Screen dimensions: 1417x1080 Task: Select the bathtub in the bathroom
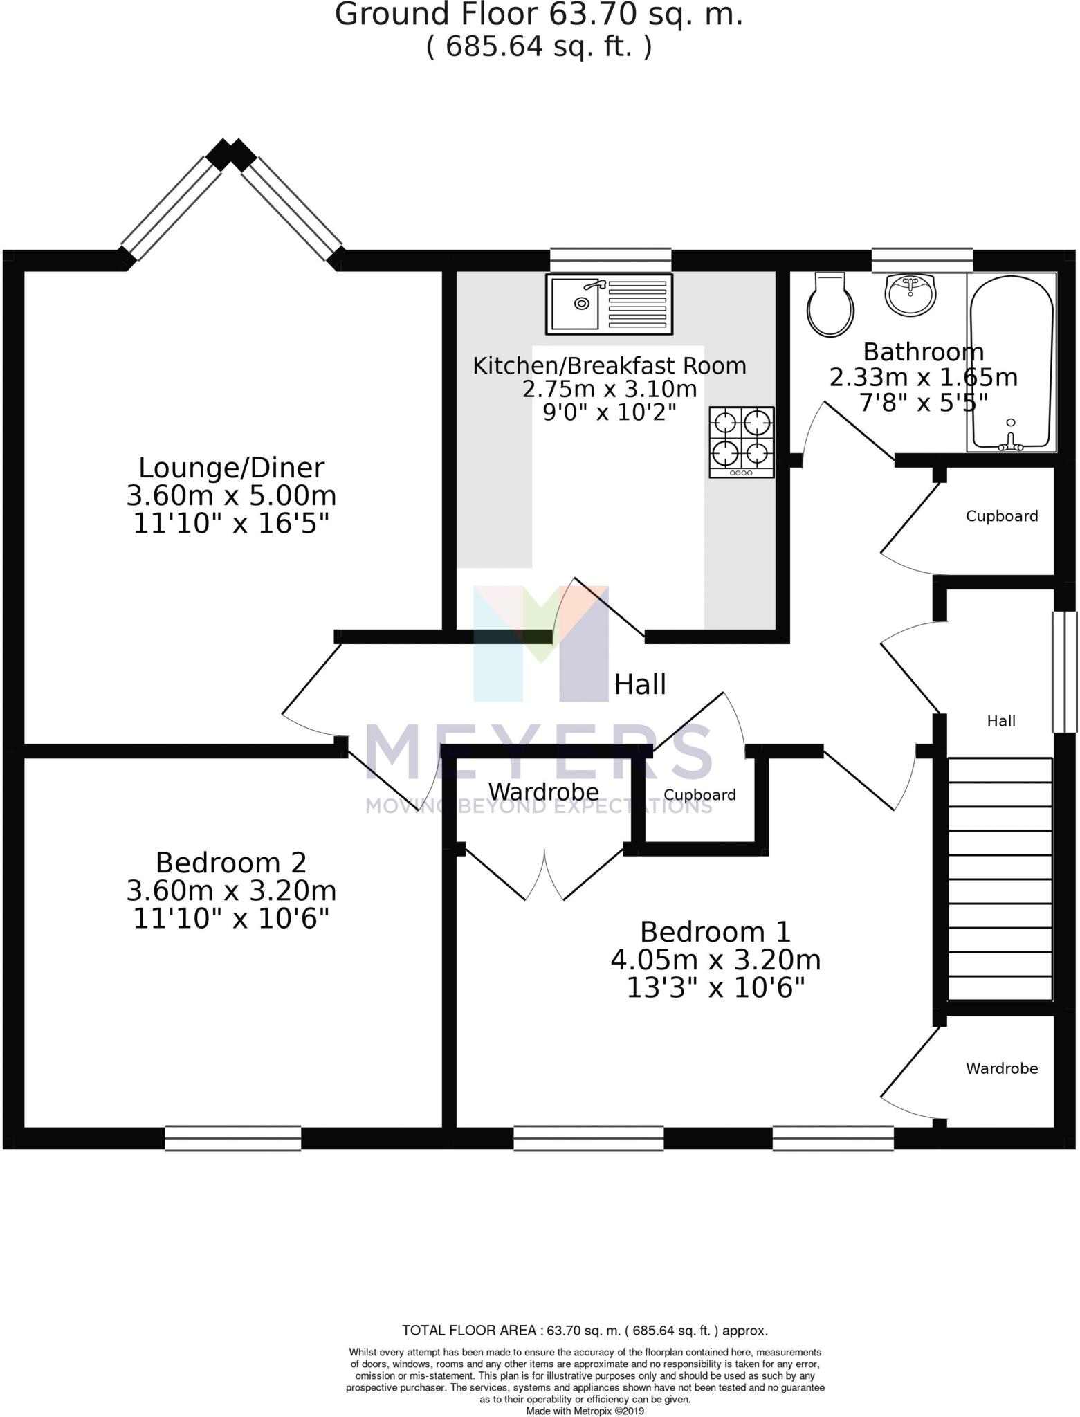click(1012, 363)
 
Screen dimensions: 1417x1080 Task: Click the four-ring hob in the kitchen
click(741, 441)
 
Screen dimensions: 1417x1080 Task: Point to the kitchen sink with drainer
click(609, 304)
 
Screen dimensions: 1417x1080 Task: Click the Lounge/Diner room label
click(231, 468)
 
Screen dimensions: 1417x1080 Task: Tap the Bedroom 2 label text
click(231, 863)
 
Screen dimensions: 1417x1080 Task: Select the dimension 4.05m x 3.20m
click(715, 960)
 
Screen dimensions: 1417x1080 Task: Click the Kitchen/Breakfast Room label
click(609, 365)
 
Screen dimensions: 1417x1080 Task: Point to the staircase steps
click(1000, 879)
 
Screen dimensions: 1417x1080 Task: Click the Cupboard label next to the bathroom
click(1001, 516)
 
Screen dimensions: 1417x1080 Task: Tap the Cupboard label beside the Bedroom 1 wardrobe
click(699, 795)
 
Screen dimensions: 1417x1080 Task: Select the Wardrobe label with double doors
click(543, 791)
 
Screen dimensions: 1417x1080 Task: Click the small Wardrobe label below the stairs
click(1001, 1068)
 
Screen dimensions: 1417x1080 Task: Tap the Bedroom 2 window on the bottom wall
click(232, 1138)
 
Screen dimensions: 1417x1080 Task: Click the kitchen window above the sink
click(610, 260)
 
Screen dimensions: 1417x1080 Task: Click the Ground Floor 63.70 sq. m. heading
click(539, 14)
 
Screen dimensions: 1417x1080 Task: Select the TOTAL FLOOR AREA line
click(585, 1330)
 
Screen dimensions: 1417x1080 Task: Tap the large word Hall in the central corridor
click(640, 684)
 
